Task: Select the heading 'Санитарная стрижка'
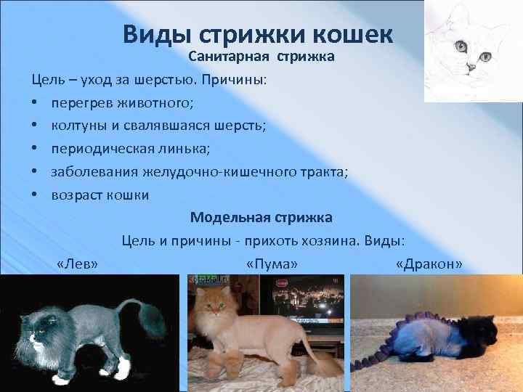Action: click(x=261, y=57)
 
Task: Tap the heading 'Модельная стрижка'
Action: click(x=261, y=217)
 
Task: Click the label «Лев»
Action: click(x=77, y=264)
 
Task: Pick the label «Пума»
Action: click(x=272, y=264)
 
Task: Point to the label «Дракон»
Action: click(x=429, y=264)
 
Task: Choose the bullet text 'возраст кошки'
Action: click(x=100, y=195)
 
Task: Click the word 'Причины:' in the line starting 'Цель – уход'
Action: click(x=239, y=79)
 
